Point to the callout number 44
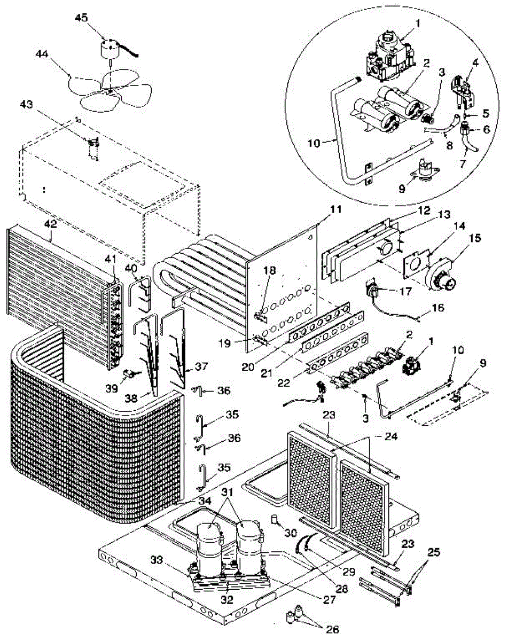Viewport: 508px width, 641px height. pos(43,54)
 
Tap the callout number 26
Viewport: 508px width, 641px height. pos(333,629)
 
